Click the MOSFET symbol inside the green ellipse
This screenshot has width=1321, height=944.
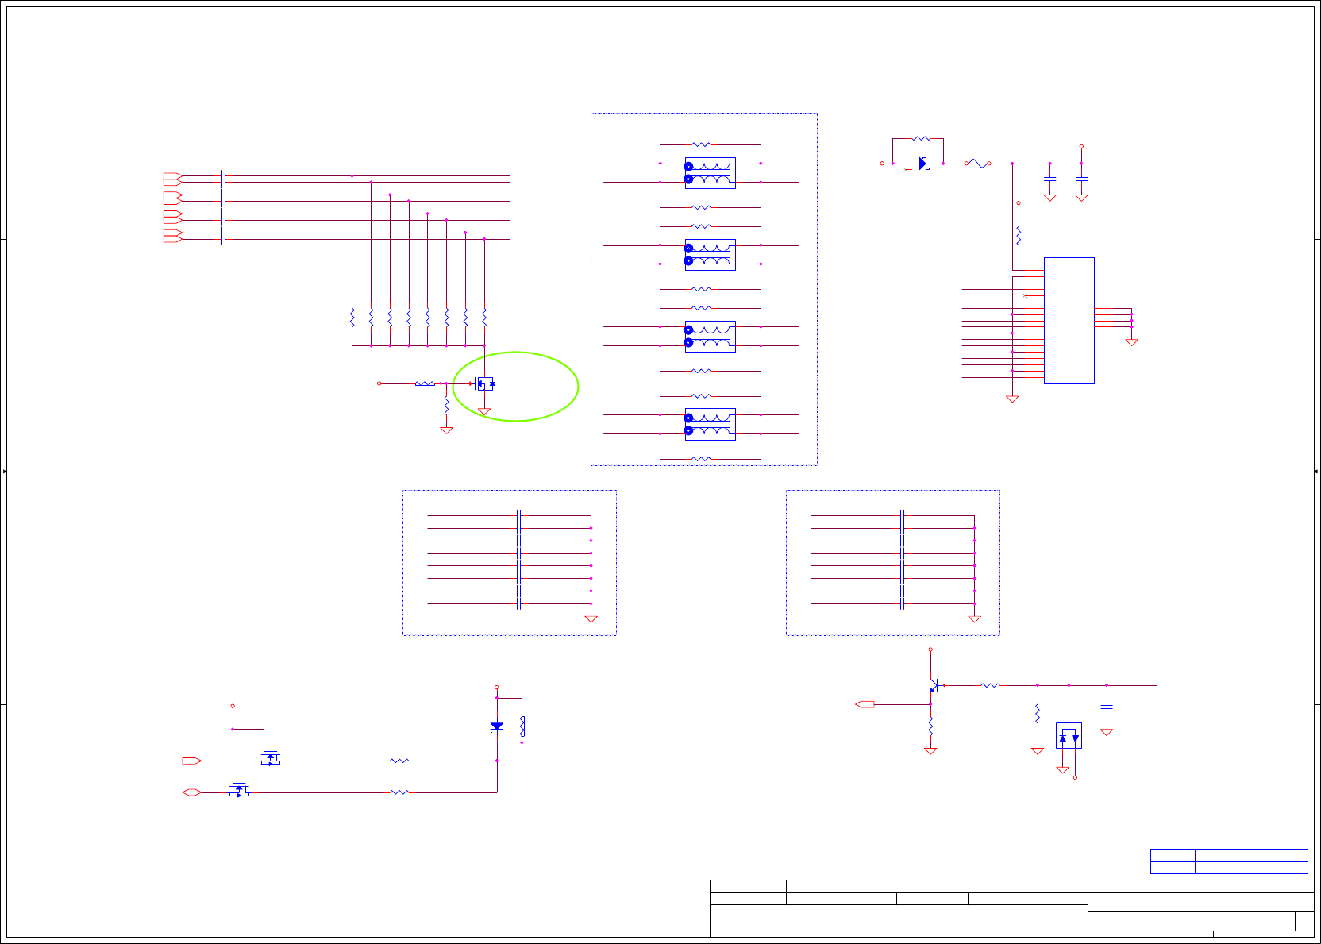pos(484,383)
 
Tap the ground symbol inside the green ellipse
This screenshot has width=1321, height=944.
pos(484,411)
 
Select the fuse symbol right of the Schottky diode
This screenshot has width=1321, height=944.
pos(978,164)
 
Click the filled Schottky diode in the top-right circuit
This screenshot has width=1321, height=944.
pos(923,164)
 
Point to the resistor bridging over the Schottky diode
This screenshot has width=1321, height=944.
pos(921,139)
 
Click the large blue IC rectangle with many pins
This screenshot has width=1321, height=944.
pos(1069,320)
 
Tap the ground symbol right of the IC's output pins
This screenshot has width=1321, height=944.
pos(1131,342)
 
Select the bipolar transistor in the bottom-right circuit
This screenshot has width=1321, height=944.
pos(934,685)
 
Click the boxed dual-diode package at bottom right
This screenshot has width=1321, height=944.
pos(1069,736)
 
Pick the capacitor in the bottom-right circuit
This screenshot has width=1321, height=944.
pos(1106,706)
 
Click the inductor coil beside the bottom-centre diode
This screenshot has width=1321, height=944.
pos(522,726)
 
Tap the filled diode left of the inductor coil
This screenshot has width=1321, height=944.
pos(497,726)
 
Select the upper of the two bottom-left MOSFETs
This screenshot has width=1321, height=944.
pos(271,758)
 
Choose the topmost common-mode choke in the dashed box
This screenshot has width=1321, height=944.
pos(710,172)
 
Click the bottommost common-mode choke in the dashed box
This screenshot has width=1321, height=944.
pos(710,424)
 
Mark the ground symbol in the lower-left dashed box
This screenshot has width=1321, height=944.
pos(591,618)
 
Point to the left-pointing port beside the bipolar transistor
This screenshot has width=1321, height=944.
pos(865,704)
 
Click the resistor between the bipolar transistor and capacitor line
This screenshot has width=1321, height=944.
pos(990,685)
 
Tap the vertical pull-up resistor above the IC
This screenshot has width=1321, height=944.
pos(1019,236)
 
